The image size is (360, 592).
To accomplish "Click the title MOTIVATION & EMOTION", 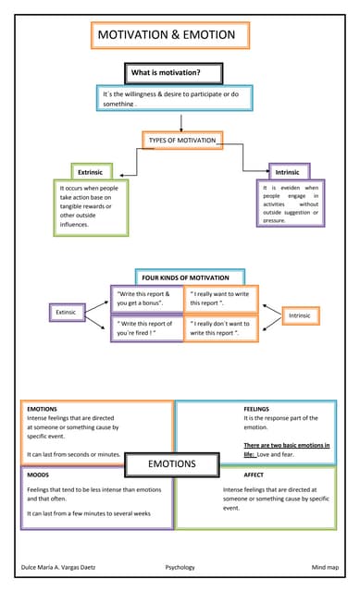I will pos(173,36).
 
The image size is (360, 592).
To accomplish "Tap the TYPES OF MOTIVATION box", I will pos(182,140).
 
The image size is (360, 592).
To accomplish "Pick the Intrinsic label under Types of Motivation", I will pos(288,172).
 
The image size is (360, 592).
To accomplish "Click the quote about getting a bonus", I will pos(145,299).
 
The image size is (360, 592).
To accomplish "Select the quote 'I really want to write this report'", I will pos(221,299).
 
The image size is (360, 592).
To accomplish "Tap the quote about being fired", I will pos(145,328).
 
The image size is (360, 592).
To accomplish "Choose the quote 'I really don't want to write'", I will pos(221,328).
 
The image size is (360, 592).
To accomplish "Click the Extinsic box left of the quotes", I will pos(67,313).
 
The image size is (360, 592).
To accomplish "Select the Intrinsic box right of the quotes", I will pos(300,316).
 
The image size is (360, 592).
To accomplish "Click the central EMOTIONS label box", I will pos(172,463).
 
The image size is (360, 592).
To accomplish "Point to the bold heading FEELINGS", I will pos(256,408).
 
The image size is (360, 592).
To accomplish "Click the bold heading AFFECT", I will pos(254,475).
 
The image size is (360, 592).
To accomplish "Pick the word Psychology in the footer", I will pos(180,566).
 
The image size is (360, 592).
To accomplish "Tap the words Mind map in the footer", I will pos(325,566).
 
